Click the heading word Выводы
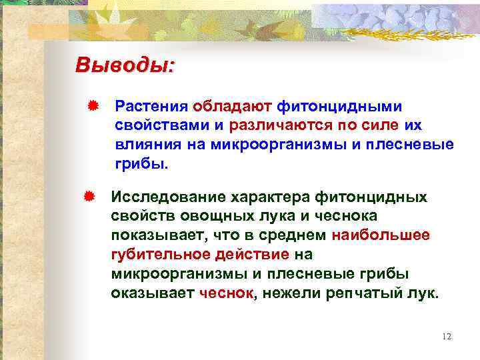point(125,66)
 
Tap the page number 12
point(447,336)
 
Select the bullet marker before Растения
point(93,105)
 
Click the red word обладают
point(231,106)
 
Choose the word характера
point(273,197)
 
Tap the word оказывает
point(153,293)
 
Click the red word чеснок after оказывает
point(227,293)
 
